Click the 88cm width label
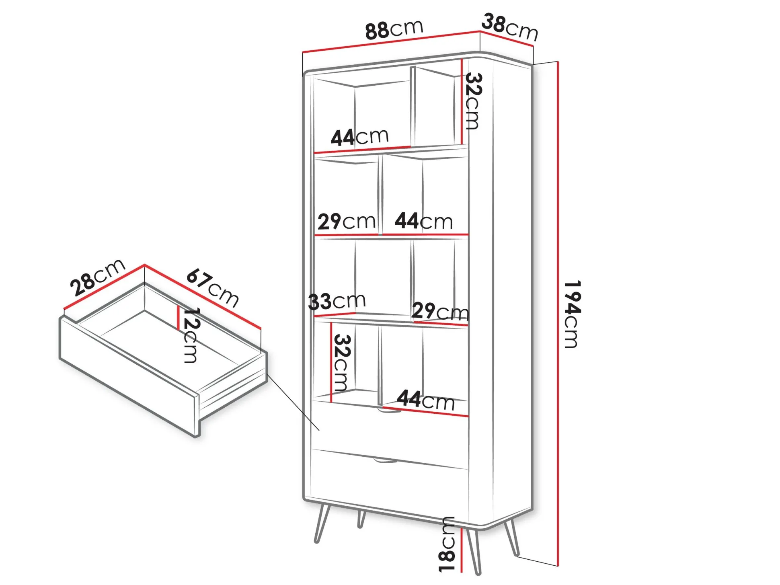[394, 29]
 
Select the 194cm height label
[571, 314]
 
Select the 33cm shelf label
[337, 301]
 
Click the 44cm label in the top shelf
[359, 137]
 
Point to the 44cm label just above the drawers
[426, 400]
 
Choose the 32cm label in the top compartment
[473, 101]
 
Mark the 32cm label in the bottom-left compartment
[342, 363]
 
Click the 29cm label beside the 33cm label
[440, 311]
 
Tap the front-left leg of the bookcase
[322, 523]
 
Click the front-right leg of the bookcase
[473, 551]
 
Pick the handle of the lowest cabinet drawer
[385, 460]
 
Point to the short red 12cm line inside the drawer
[178, 318]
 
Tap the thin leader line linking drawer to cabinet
[293, 402]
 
